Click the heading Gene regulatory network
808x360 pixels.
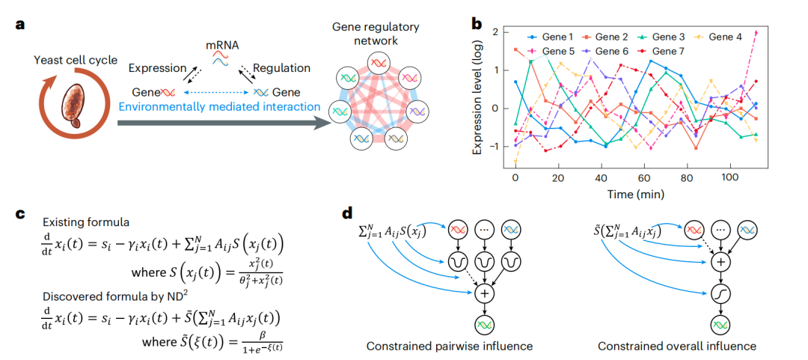376,34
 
